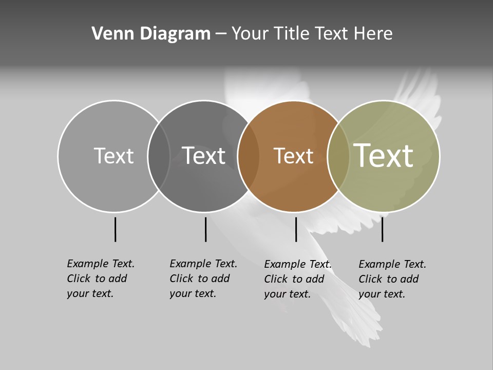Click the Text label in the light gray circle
tap(113, 156)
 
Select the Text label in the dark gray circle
tap(203, 156)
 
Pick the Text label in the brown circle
tap(293, 156)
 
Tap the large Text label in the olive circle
tap(384, 155)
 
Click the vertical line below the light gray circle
tap(115, 229)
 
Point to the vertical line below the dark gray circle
tap(205, 229)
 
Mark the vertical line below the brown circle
tap(296, 229)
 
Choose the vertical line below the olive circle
tap(382, 229)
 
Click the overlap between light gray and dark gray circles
tap(159, 156)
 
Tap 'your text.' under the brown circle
tap(287, 294)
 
